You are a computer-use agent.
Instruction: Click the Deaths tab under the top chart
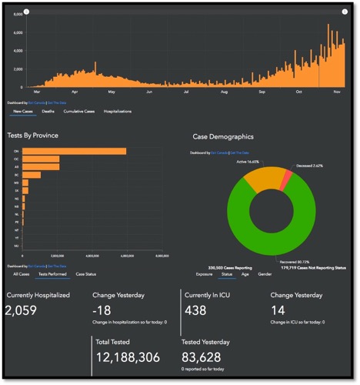[x=48, y=112]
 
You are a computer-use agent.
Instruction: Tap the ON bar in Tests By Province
[x=74, y=151]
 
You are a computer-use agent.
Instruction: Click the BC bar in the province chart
[x=32, y=175]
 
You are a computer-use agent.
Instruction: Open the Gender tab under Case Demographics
[x=265, y=274]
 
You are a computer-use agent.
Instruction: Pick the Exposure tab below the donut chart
[x=205, y=274]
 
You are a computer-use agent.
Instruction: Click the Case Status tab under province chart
[x=86, y=273]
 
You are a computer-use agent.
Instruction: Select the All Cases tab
[x=22, y=273]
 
